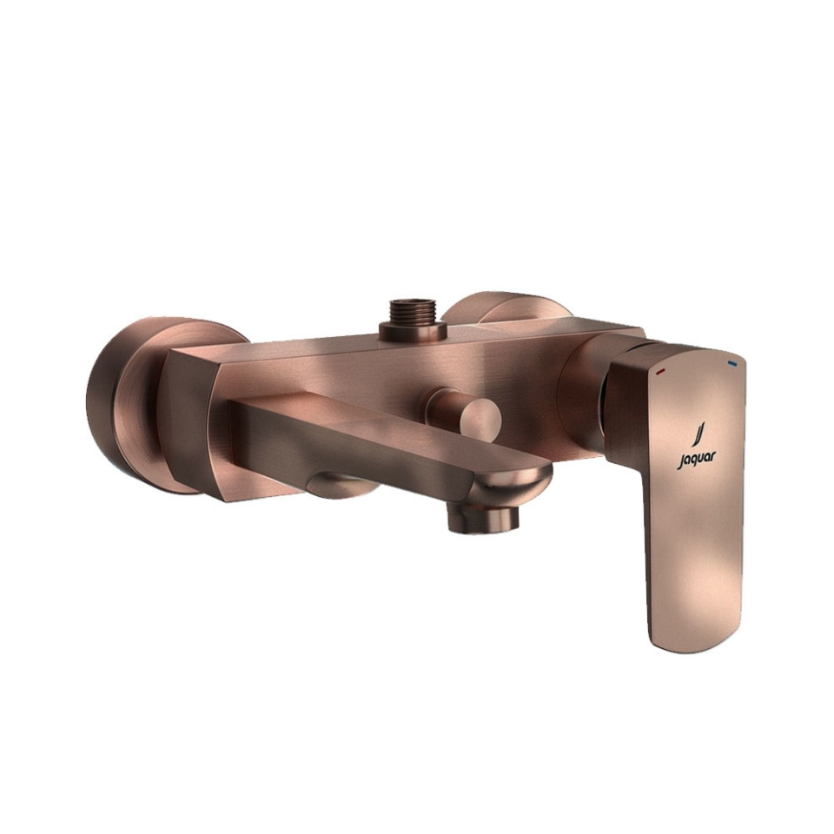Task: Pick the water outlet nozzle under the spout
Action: tap(482, 518)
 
